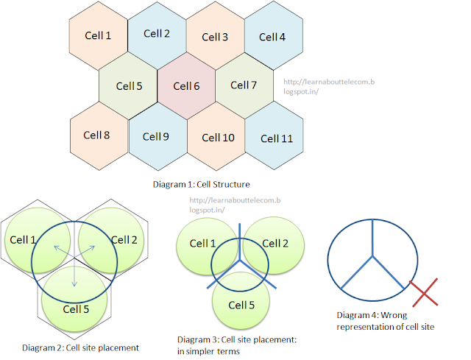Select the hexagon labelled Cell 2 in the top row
[x=157, y=34]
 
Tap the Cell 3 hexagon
[x=215, y=37]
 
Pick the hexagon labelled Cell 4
[x=273, y=37]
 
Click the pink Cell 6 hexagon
[x=186, y=86]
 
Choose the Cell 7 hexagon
[x=244, y=85]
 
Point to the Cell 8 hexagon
[x=98, y=135]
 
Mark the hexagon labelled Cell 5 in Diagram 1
[x=128, y=86]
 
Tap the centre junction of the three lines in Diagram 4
[x=373, y=256]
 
